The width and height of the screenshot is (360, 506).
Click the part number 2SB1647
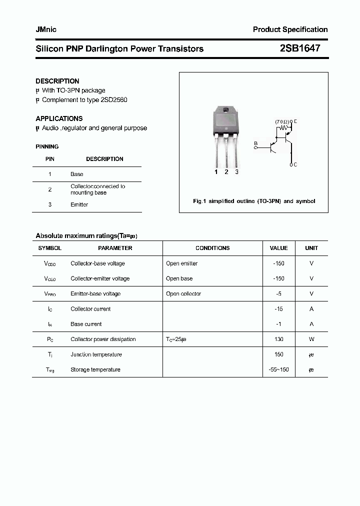click(300, 48)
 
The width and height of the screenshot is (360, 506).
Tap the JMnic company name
click(46, 29)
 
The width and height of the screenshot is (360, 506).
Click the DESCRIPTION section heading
click(57, 81)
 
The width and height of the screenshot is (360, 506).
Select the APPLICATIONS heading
click(59, 118)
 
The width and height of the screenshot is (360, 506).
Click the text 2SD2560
click(113, 99)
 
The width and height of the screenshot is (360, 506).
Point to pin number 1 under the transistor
click(216, 172)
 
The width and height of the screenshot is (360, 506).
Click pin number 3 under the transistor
click(236, 172)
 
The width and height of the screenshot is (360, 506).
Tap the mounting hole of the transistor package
click(226, 111)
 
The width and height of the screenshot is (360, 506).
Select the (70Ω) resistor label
click(282, 121)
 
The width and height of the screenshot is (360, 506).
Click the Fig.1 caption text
click(254, 201)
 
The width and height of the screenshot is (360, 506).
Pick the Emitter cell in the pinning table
click(79, 204)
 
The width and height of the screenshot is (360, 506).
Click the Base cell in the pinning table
click(76, 174)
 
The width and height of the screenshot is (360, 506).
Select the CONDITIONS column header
click(212, 248)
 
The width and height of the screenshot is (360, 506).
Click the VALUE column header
click(278, 248)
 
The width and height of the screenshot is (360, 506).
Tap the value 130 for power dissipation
click(278, 339)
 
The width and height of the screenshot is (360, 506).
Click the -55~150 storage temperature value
click(278, 369)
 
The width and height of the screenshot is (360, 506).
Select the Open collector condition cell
click(183, 293)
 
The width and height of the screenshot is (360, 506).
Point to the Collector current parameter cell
click(90, 309)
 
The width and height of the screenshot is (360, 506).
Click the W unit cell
click(311, 339)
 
